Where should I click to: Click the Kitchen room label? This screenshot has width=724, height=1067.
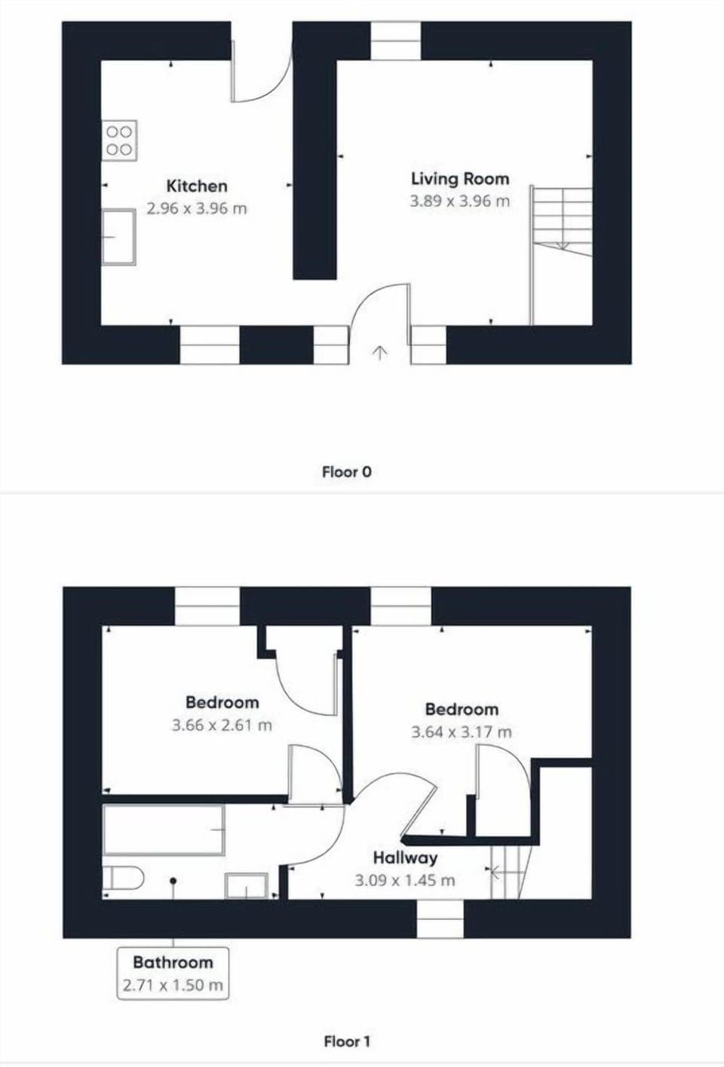click(x=197, y=185)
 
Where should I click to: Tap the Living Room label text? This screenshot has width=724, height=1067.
click(x=460, y=179)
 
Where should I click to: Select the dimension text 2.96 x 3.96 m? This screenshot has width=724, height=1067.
click(x=197, y=209)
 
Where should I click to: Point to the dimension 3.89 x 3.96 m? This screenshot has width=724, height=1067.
click(x=460, y=201)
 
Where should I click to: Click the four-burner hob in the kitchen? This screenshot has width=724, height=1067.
click(x=119, y=140)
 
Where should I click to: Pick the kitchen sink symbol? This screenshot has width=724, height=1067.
click(x=118, y=237)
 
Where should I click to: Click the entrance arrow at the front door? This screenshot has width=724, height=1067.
click(x=379, y=353)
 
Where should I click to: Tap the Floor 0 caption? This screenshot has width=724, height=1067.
click(x=347, y=472)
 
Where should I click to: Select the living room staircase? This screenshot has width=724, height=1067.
click(x=562, y=256)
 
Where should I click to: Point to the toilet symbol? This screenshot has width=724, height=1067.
click(x=123, y=878)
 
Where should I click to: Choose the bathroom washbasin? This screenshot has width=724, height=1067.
click(x=247, y=885)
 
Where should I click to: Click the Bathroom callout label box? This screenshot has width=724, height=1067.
click(x=173, y=973)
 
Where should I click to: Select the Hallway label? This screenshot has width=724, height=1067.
click(x=405, y=858)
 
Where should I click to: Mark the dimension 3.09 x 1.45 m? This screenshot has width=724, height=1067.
click(x=405, y=880)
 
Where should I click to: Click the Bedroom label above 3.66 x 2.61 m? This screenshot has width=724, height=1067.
click(x=222, y=703)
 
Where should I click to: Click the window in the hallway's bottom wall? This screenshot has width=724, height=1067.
click(x=440, y=919)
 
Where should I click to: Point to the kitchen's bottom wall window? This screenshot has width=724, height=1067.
click(x=210, y=345)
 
